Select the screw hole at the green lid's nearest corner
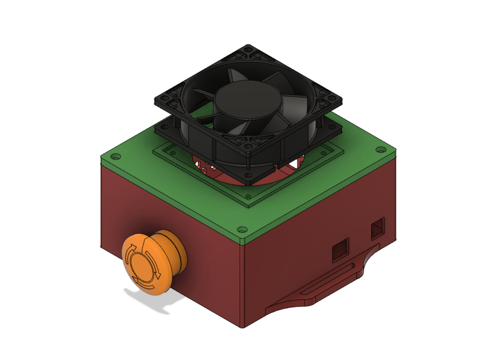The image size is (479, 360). (242, 230)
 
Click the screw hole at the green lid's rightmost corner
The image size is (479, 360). (380, 150)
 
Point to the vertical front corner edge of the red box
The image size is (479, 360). (241, 285)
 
